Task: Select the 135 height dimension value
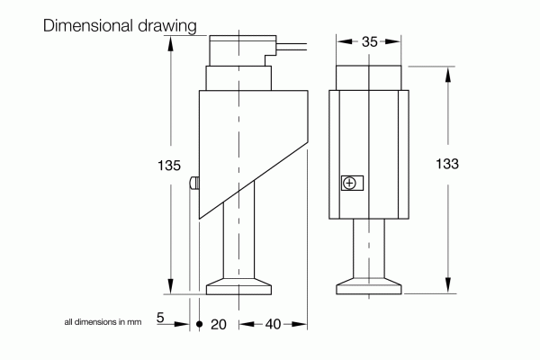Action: click(x=168, y=166)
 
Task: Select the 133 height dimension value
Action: click(x=447, y=164)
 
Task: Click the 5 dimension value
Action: click(x=160, y=318)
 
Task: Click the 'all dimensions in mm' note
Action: click(x=103, y=321)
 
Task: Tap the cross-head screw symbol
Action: click(x=349, y=184)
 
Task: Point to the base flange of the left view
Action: click(x=239, y=289)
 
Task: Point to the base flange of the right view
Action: click(x=368, y=289)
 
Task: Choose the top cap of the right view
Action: click(x=368, y=76)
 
